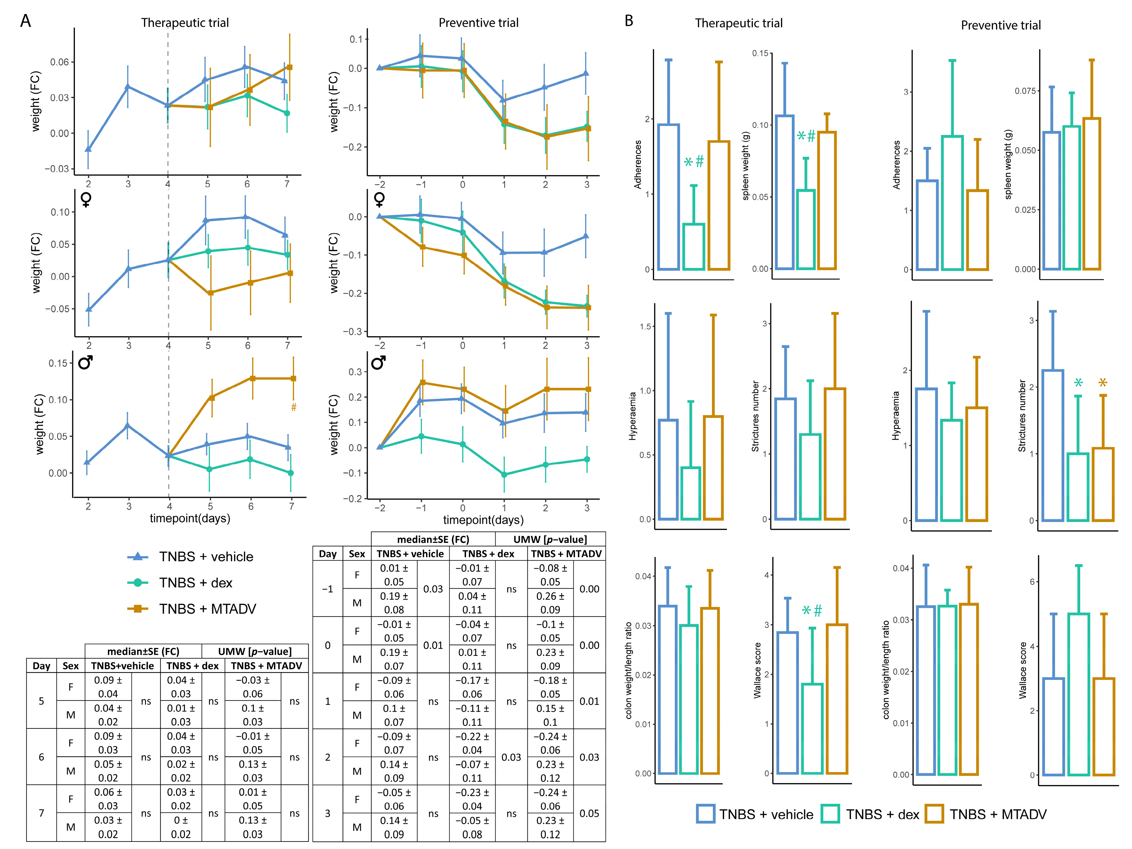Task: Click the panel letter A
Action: click(x=25, y=21)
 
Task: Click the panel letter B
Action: click(x=629, y=21)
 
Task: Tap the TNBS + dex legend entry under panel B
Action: click(x=871, y=814)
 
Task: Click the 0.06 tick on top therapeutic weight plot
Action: click(x=59, y=62)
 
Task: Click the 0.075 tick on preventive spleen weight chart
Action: click(x=1025, y=91)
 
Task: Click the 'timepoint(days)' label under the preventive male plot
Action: click(x=483, y=520)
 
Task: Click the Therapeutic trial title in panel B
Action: click(x=738, y=23)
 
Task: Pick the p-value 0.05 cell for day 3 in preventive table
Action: click(x=589, y=813)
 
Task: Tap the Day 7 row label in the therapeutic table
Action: click(x=41, y=813)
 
